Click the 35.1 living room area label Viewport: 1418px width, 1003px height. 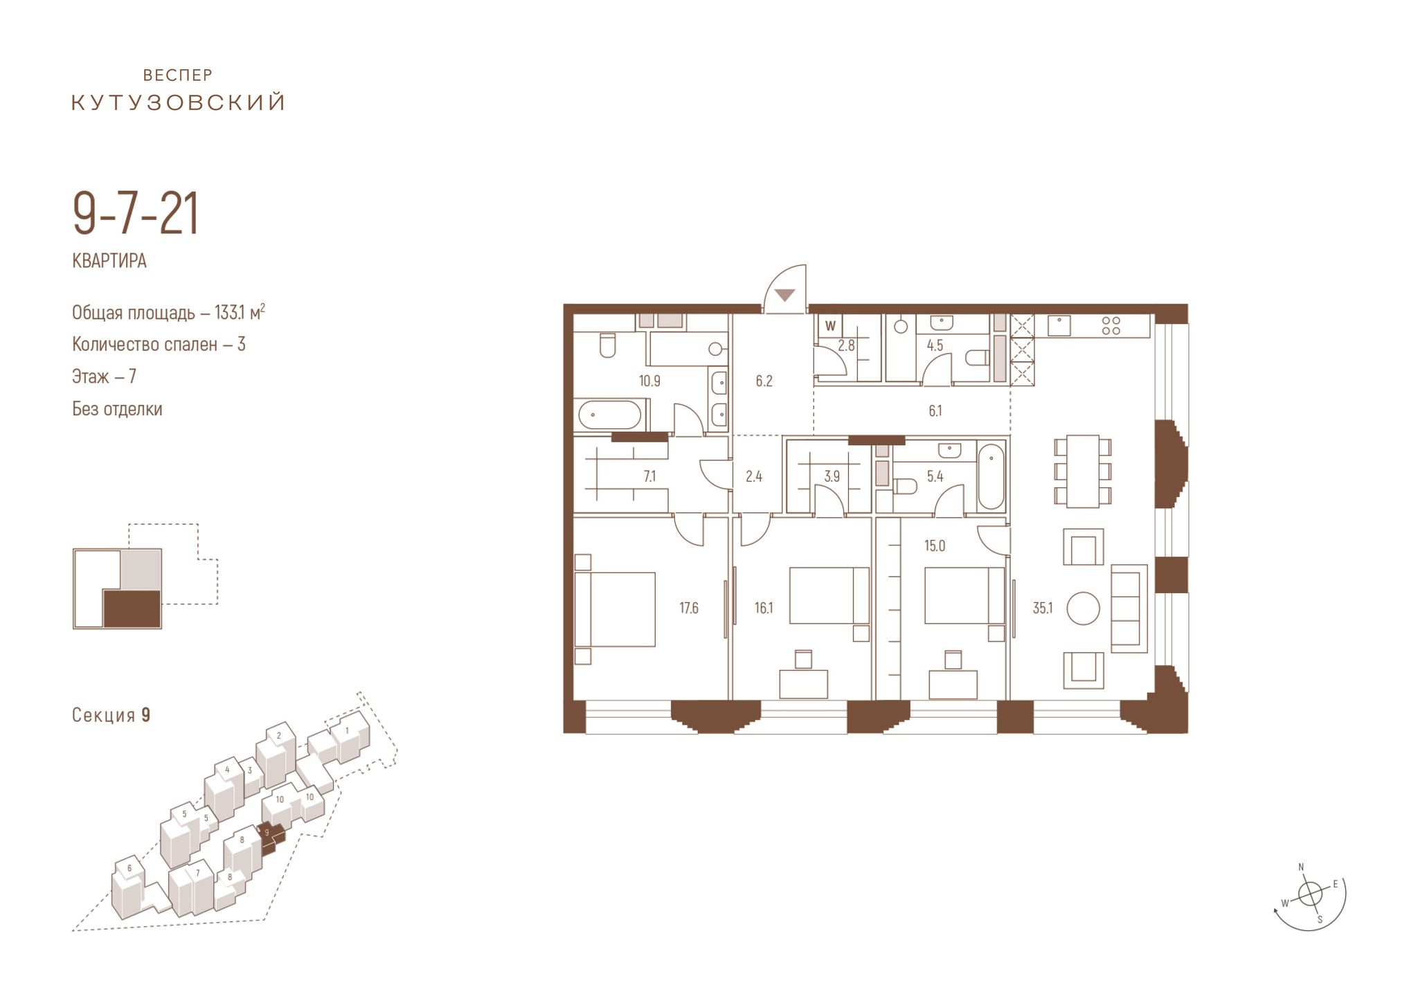click(1042, 608)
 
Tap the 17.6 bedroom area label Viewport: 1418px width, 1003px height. click(688, 608)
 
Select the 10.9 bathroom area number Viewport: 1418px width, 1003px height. click(649, 381)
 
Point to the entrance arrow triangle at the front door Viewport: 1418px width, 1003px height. click(784, 295)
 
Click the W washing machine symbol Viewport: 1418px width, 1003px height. click(831, 326)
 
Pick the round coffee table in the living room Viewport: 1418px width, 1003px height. click(1083, 608)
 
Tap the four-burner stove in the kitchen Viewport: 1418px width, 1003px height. click(1111, 325)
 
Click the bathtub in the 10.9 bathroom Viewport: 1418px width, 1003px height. click(610, 415)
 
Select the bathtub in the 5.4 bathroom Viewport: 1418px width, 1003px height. click(991, 477)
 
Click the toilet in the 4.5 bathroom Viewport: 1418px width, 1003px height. click(977, 357)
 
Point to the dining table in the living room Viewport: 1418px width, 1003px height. click(1083, 471)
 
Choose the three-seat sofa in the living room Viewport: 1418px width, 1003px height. click(1129, 608)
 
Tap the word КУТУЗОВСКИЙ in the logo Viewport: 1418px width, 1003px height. click(179, 102)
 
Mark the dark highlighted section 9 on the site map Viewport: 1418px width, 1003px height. click(271, 835)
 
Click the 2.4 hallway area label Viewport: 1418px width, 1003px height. click(753, 477)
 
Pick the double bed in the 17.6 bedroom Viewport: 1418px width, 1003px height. click(615, 609)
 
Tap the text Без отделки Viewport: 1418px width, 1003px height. click(117, 409)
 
